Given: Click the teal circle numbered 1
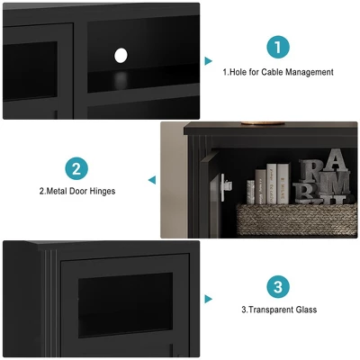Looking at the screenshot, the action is (278, 47).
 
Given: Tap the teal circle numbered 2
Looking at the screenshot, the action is (76, 168).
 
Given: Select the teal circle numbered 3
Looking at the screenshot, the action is (278, 287).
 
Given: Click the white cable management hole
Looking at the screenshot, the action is (121, 56).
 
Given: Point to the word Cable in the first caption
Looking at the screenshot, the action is (272, 72).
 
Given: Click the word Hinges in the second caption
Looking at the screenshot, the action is (102, 191).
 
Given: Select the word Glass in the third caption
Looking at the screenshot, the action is (306, 310).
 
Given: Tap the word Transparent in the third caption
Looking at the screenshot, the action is (267, 310).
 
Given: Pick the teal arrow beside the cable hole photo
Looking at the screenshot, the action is (208, 61).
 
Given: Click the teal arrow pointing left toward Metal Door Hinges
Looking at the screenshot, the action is (152, 180).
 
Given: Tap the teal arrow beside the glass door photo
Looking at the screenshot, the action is (208, 299).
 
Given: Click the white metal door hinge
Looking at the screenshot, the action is (226, 187).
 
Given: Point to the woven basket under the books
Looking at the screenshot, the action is (297, 220).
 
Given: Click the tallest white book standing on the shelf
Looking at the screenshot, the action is (272, 184).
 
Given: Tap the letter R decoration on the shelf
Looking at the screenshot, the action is (310, 171).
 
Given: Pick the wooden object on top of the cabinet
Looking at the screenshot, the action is (263, 123).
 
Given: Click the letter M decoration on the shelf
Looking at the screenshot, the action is (334, 182).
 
